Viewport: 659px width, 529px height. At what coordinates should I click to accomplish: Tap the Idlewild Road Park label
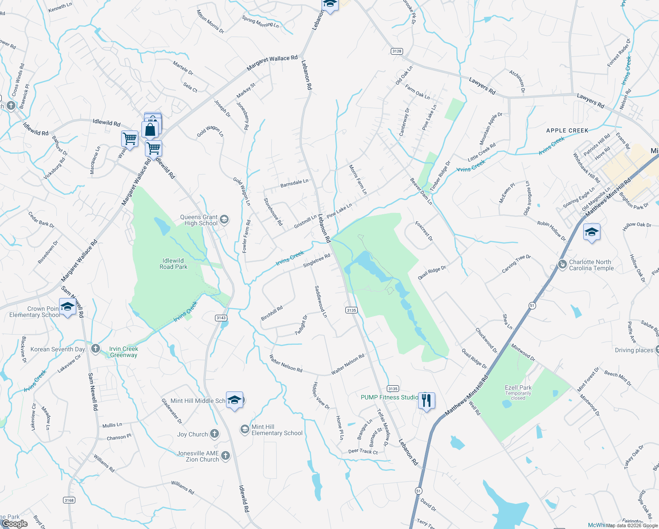click(x=173, y=264)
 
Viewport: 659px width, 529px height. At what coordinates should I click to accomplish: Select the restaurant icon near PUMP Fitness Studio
click(x=426, y=400)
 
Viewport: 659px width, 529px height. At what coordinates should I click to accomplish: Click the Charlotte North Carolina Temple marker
click(x=562, y=264)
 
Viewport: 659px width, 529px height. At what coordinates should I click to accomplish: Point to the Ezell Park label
click(x=518, y=388)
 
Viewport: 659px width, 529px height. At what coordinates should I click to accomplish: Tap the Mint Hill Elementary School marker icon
click(x=244, y=429)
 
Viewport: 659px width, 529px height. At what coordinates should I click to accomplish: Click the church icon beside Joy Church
click(x=215, y=434)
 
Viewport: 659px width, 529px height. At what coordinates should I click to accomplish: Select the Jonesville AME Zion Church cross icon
click(x=225, y=456)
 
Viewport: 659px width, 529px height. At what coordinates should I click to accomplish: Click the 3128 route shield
click(x=396, y=51)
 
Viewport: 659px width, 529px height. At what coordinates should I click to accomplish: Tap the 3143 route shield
click(x=221, y=318)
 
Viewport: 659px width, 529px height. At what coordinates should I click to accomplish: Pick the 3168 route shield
click(x=69, y=500)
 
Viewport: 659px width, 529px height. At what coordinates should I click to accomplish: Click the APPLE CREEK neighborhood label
click(x=567, y=130)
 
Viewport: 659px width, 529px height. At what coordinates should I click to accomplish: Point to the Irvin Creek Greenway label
click(x=124, y=352)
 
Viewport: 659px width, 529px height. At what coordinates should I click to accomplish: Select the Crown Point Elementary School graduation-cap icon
click(x=67, y=307)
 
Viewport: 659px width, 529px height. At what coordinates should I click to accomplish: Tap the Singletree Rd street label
click(x=316, y=261)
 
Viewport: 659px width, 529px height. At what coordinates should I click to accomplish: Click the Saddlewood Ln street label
click(x=321, y=302)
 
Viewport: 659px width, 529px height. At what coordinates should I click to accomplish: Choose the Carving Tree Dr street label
click(x=516, y=264)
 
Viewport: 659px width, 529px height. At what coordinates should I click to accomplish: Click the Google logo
click(x=15, y=524)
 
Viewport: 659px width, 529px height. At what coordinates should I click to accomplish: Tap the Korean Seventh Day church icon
click(x=96, y=349)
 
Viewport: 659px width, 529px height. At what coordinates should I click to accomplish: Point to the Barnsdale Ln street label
click(x=294, y=183)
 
